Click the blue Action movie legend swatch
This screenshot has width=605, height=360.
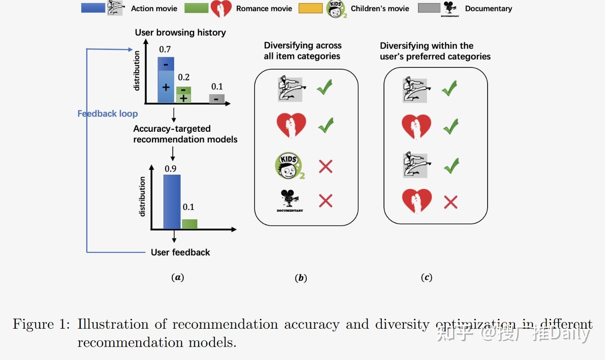tap(93, 8)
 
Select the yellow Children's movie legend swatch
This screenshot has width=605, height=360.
tap(311, 8)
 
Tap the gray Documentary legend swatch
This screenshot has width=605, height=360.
tap(429, 8)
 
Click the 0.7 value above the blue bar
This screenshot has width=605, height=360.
tap(165, 49)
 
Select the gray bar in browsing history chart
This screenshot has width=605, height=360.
tap(217, 99)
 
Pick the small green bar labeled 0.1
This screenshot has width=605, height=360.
tap(189, 224)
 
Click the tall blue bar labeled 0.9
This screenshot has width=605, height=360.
tap(172, 202)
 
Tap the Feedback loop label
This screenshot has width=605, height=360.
tap(108, 114)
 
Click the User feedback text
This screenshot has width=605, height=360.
tap(180, 252)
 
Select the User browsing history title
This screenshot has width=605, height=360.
tap(180, 33)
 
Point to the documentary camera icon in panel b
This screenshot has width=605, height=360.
tap(290, 201)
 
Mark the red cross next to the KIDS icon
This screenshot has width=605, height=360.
tap(325, 167)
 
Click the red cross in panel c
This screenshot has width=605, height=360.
tap(451, 202)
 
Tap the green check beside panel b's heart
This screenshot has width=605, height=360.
tap(325, 126)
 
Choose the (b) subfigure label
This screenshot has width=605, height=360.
tap(301, 278)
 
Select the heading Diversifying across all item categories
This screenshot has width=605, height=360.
tap(302, 51)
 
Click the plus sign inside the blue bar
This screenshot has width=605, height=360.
tap(166, 87)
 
